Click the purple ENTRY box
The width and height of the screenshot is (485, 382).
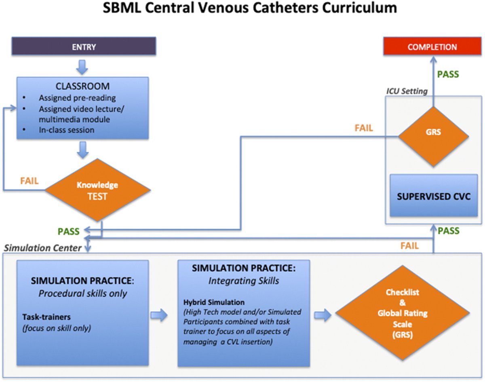[x=84, y=47]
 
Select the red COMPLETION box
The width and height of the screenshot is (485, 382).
[x=432, y=47]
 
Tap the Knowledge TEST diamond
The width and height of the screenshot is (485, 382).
[x=97, y=190]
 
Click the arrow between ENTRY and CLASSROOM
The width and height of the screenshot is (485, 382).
[x=83, y=67]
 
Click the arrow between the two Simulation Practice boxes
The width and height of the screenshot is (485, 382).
[x=159, y=315]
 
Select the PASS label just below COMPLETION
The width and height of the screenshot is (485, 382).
[x=448, y=74]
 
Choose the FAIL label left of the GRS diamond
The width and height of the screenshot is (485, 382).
[x=364, y=128]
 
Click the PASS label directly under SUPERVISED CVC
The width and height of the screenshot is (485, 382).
[x=449, y=231]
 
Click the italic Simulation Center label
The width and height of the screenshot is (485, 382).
[x=42, y=248]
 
